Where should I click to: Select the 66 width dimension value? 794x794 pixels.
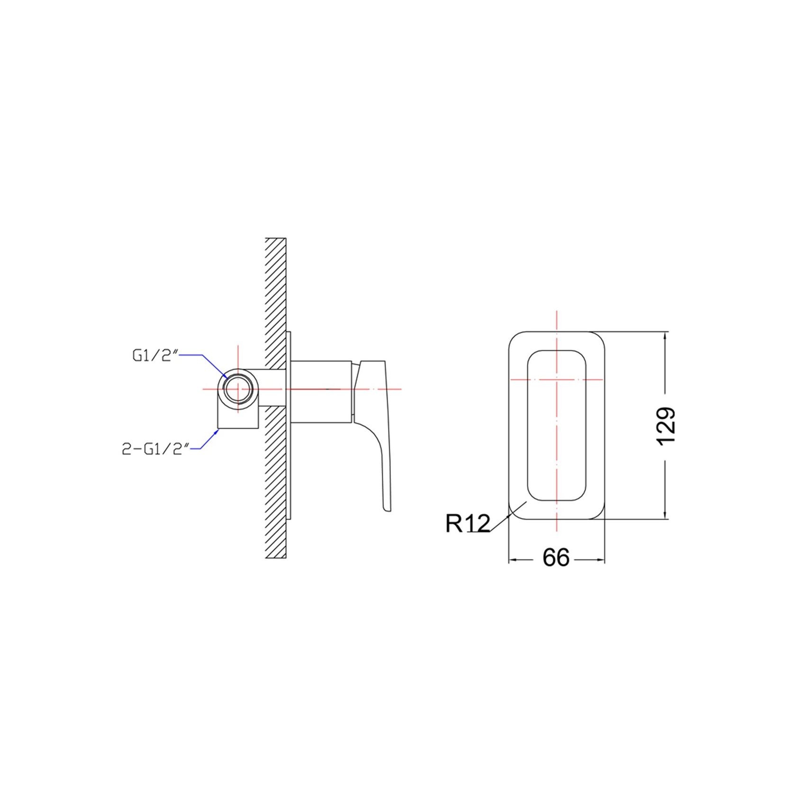point(556,558)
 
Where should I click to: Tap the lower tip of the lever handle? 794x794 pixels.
point(386,511)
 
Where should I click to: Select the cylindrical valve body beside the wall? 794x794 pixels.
point(322,391)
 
